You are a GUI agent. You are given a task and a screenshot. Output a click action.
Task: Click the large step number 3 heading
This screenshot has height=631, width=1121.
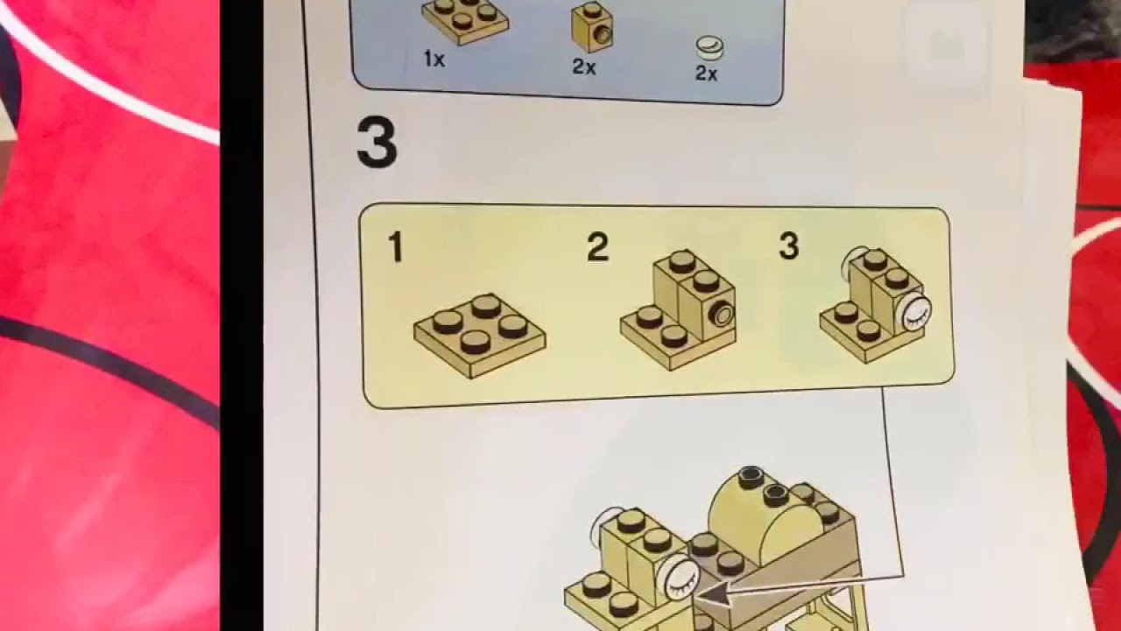pos(377,145)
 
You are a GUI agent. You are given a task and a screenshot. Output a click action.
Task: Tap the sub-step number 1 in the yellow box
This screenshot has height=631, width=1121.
pos(396,248)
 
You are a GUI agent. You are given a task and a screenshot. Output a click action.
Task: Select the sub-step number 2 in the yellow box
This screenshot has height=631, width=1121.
pos(597,248)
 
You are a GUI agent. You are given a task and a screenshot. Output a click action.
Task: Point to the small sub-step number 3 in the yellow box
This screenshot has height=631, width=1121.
pos(788,247)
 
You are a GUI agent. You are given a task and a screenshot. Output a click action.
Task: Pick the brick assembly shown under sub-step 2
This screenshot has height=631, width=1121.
pos(679,311)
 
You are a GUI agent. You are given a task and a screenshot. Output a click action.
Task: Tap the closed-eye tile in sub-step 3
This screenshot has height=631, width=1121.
pos(915,310)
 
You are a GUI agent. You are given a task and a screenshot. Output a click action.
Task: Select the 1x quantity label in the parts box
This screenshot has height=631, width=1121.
pos(434,60)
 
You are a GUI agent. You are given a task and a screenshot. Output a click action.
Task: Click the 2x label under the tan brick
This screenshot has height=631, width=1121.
pos(584,67)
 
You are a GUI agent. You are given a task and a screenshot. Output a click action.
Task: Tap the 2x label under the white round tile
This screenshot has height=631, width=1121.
pos(706,74)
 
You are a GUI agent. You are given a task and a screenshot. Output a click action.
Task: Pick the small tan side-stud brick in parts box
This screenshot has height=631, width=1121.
pos(593,26)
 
